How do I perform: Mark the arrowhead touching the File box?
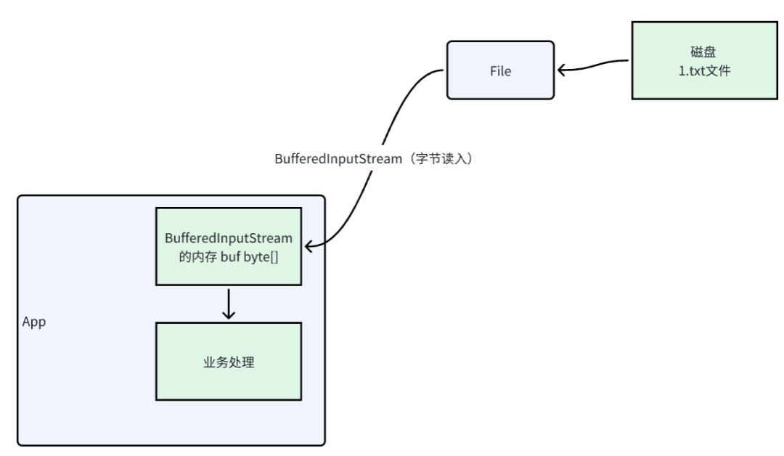[563, 70]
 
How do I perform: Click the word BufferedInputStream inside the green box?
[229, 237]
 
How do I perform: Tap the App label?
[34, 322]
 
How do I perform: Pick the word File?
[501, 71]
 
